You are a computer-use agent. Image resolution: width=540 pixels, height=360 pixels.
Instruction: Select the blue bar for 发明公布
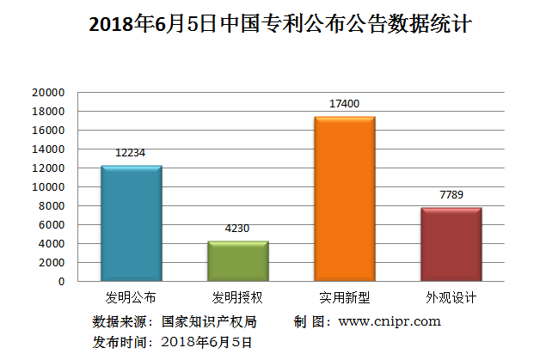coord(131,223)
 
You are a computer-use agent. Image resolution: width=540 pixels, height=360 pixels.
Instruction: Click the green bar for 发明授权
coord(237,260)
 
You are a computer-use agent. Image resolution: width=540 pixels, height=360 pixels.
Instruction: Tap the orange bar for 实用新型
coord(344,198)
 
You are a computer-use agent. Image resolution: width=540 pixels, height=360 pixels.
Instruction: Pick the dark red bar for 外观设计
coord(451,244)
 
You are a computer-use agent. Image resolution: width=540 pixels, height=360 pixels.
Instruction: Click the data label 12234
coord(131,152)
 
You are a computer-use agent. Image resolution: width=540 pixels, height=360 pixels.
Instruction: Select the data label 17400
coord(344,104)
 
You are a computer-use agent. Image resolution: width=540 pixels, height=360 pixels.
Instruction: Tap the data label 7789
coord(451,194)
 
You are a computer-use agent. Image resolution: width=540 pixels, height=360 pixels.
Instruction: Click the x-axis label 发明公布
coord(131,298)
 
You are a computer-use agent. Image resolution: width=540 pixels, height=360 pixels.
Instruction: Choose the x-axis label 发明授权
coord(237,298)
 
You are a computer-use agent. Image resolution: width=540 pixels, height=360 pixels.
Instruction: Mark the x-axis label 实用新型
coord(344,298)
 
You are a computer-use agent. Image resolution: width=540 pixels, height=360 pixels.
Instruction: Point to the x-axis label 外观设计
coord(451,298)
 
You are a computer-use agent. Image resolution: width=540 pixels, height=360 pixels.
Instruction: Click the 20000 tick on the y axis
coord(49,92)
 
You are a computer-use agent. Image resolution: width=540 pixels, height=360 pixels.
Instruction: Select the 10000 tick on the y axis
coord(49,186)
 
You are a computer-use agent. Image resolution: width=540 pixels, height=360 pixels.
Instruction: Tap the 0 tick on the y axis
coord(61,281)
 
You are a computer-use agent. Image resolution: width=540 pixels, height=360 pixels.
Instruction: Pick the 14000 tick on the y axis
coord(49,149)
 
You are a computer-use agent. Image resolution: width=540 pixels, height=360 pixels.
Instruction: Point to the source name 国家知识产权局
coord(209,321)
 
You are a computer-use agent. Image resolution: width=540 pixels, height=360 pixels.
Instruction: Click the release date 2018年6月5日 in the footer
coord(206,342)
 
